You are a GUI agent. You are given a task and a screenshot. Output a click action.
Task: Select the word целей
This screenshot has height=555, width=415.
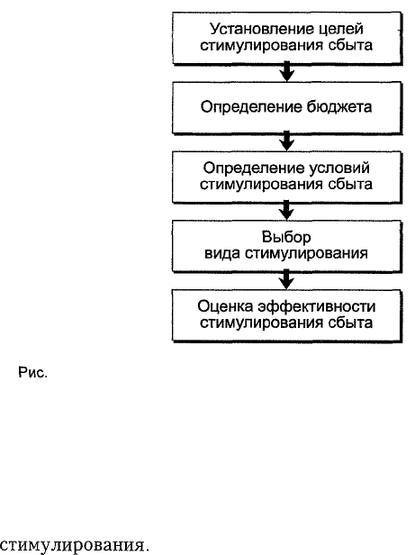[x=341, y=29]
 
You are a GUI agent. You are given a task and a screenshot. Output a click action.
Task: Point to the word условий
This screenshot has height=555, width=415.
[x=339, y=168]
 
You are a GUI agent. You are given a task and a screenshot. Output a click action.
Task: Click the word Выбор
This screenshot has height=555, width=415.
[x=286, y=237]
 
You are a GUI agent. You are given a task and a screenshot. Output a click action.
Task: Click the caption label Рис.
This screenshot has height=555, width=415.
[x=32, y=373]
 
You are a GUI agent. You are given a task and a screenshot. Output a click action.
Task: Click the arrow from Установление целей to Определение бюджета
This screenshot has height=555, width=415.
[x=287, y=71]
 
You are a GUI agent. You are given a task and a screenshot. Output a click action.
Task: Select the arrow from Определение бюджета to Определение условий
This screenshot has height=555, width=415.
[x=287, y=141]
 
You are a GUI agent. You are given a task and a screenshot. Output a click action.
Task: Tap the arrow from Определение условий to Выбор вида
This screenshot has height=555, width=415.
[x=287, y=210]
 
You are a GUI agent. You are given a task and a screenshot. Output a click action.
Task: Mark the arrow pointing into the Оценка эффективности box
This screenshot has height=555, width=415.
[x=287, y=279]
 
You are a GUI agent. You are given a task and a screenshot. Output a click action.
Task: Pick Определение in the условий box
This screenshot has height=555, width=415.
[x=253, y=168]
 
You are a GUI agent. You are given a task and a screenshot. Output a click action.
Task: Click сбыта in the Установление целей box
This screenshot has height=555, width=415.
[x=350, y=46]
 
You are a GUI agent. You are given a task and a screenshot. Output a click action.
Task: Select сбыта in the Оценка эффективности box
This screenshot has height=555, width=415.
[x=350, y=323]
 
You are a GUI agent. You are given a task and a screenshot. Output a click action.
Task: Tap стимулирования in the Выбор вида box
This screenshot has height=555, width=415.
[x=306, y=253]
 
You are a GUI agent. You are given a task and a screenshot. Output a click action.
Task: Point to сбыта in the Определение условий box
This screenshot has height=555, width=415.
[x=350, y=185]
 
